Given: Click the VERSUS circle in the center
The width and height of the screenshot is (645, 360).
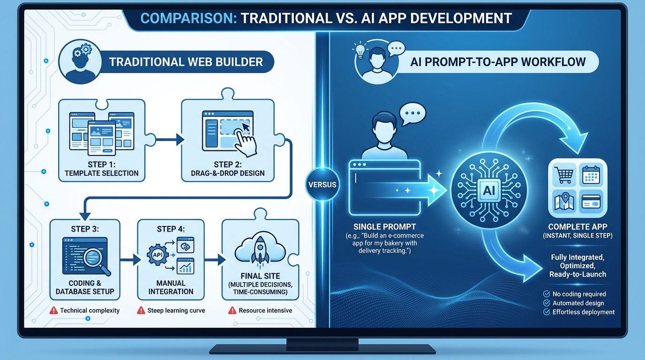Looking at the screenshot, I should point(322,184).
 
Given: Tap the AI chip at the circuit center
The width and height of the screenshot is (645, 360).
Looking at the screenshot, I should point(488,190).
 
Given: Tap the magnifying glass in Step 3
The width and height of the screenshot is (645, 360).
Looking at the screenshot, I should point(98,258).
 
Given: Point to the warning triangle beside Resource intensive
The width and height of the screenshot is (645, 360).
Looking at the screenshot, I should point(232,310).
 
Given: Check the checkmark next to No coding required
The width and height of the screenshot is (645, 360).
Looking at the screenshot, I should point(546,294).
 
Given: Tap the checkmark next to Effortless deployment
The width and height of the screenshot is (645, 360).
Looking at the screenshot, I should point(546,312).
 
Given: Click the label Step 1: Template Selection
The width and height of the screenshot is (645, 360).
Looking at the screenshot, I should point(101,169).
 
